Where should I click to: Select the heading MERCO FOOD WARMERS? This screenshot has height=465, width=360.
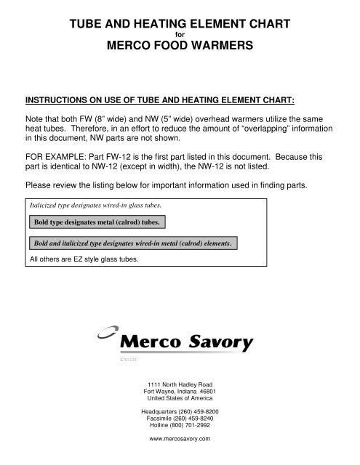click(x=179, y=46)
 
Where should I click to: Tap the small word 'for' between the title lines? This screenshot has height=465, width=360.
click(x=179, y=34)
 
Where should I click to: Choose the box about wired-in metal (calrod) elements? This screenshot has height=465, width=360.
click(x=136, y=242)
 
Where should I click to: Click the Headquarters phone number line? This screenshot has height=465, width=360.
click(x=179, y=412)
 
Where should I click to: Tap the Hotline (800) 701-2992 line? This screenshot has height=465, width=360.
click(x=179, y=427)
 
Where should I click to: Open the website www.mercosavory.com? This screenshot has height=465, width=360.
click(x=179, y=440)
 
